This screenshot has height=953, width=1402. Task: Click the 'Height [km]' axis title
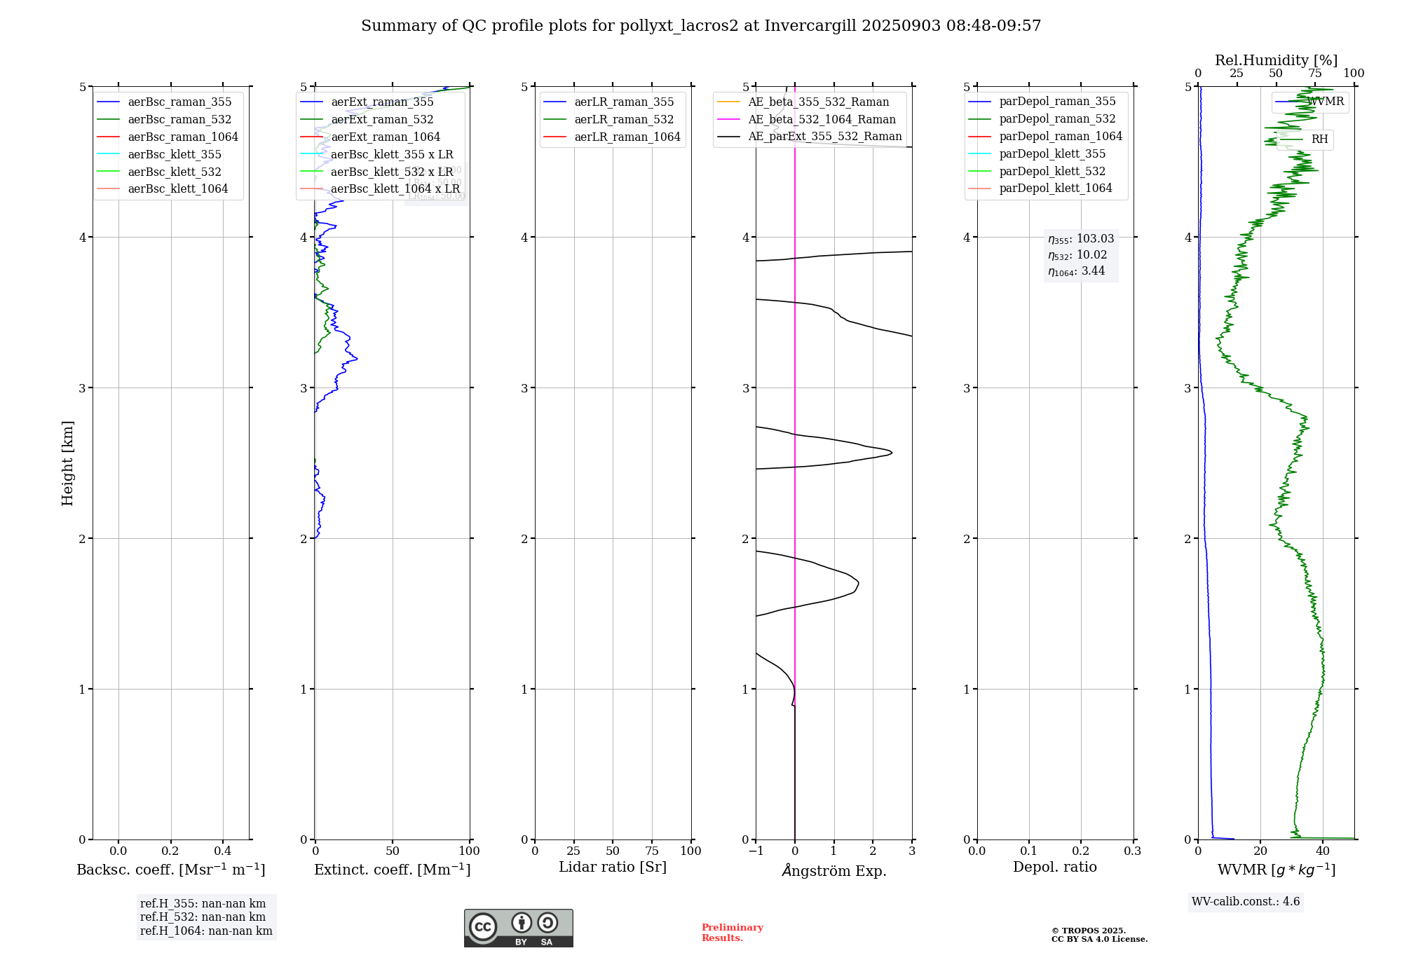click(x=68, y=463)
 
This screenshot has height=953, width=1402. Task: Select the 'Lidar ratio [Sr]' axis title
click(x=613, y=868)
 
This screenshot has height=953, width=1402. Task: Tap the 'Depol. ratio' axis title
click(x=1054, y=868)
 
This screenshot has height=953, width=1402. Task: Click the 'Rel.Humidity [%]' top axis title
click(x=1276, y=60)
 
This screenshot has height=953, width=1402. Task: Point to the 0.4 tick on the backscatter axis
click(x=223, y=851)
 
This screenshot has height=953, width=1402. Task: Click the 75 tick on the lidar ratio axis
click(x=652, y=851)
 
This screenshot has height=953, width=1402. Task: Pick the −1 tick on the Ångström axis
click(x=755, y=851)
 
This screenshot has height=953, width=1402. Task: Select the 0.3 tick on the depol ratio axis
click(x=1132, y=851)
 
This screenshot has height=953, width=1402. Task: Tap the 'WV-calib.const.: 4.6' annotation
click(x=1246, y=902)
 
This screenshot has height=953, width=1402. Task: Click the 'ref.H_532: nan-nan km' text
click(x=203, y=917)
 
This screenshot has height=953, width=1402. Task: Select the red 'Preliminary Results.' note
click(x=732, y=933)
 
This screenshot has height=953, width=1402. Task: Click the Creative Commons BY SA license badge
click(x=518, y=928)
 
